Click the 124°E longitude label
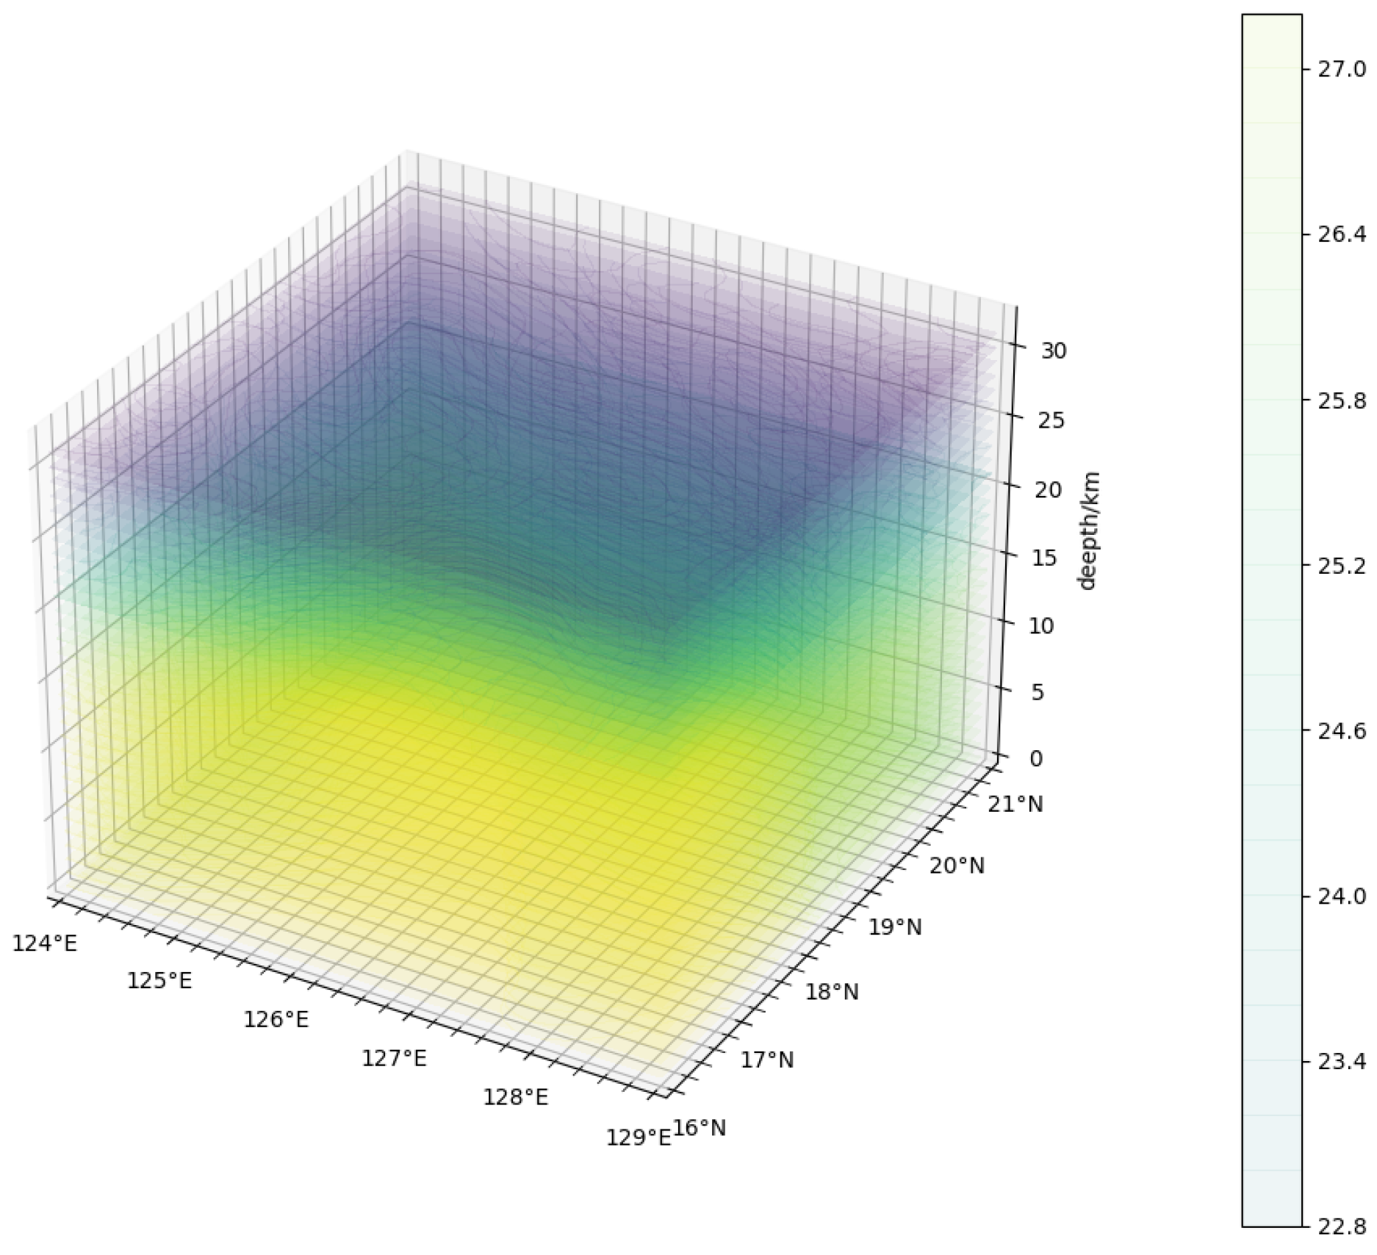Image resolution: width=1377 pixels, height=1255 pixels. [x=45, y=943]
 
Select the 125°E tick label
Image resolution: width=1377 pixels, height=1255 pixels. [x=159, y=980]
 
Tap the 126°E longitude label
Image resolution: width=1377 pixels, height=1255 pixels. [x=276, y=1019]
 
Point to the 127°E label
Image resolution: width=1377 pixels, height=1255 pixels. [x=394, y=1058]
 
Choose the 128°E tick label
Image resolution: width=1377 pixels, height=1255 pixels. [x=516, y=1097]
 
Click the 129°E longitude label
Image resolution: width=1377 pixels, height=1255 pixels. [x=639, y=1137]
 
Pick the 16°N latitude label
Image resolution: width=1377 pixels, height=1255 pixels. [x=700, y=1128]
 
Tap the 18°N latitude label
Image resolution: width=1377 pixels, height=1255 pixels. [x=832, y=993]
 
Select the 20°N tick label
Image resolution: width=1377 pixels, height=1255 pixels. [x=957, y=866]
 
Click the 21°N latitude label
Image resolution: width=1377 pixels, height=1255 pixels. [x=1015, y=805]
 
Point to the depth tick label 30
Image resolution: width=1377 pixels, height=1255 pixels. [x=1054, y=350]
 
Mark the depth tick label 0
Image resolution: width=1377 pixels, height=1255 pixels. [x=1036, y=758]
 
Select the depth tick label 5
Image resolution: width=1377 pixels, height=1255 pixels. [x=1038, y=692]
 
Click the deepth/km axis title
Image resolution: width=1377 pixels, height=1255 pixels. [x=1088, y=531]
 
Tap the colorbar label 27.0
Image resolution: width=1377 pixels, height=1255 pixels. [x=1340, y=70]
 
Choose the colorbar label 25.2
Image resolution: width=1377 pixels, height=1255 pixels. [x=1340, y=566]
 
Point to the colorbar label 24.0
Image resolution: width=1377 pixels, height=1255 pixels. [x=1340, y=896]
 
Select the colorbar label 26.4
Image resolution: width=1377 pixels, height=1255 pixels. [x=1340, y=234]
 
